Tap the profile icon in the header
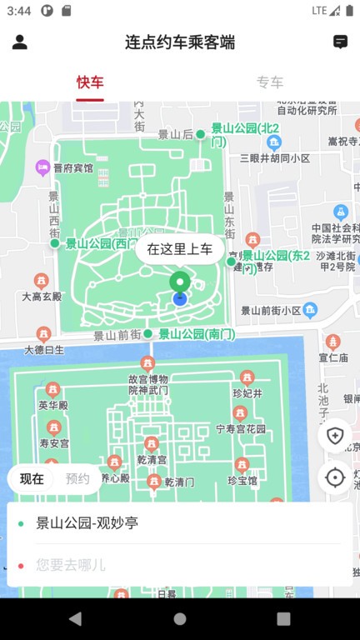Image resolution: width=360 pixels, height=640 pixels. tap(21, 42)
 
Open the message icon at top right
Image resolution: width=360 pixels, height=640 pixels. tap(340, 42)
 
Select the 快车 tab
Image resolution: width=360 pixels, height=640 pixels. tap(90, 82)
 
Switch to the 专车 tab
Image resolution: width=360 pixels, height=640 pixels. tap(270, 82)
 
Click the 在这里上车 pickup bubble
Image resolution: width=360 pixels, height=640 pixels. tap(180, 248)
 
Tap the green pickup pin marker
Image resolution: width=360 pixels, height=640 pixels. tap(180, 282)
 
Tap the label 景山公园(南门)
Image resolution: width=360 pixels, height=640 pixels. tap(197, 334)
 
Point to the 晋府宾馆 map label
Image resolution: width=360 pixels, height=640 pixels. tap(73, 168)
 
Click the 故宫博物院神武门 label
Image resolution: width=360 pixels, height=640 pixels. tap(148, 384)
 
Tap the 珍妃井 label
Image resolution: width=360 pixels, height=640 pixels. tap(247, 393)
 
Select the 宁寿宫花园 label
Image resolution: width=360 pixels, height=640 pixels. tap(241, 429)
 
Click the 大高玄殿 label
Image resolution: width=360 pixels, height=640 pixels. tap(42, 296)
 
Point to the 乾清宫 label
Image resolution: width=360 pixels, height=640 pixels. tap(151, 459)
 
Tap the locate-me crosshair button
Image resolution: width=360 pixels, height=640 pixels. tap(335, 477)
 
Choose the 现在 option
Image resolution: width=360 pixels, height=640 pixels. tap(32, 479)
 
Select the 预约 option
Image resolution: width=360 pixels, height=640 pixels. tap(77, 479)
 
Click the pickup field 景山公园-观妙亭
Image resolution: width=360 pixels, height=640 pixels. tap(87, 523)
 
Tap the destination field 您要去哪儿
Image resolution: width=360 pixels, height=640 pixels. tap(71, 565)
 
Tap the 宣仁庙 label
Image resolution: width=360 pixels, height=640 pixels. tap(332, 357)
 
